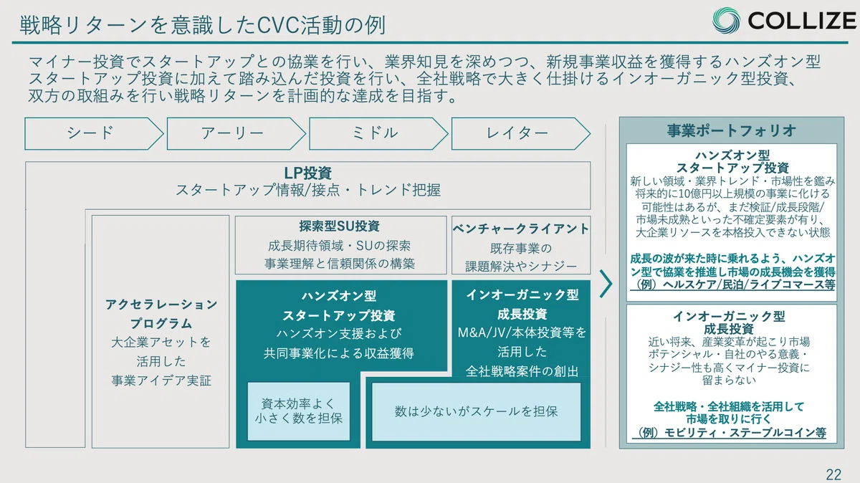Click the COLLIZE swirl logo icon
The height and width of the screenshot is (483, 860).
point(726,20)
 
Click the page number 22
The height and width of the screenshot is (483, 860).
point(833,474)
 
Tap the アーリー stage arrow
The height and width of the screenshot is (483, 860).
point(236,133)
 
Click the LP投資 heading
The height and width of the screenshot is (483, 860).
point(308,173)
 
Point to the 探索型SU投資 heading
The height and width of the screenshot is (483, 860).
point(340,226)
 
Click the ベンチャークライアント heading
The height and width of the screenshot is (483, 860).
point(520,229)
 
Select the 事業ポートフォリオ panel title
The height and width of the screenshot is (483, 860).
point(732,130)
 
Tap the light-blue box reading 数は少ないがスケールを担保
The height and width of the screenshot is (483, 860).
point(476,411)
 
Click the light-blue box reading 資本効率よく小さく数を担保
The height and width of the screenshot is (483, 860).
point(299,411)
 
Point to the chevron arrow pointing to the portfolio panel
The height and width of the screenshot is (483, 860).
point(606,284)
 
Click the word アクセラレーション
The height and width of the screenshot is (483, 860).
point(161,305)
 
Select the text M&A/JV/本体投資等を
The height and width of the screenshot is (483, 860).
point(522,333)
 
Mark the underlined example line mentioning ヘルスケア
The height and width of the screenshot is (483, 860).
point(732,285)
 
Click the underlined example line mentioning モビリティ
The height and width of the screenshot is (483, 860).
point(729,433)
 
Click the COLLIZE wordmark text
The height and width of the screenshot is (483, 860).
point(802,20)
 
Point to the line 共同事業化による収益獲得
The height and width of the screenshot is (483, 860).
point(339,353)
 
